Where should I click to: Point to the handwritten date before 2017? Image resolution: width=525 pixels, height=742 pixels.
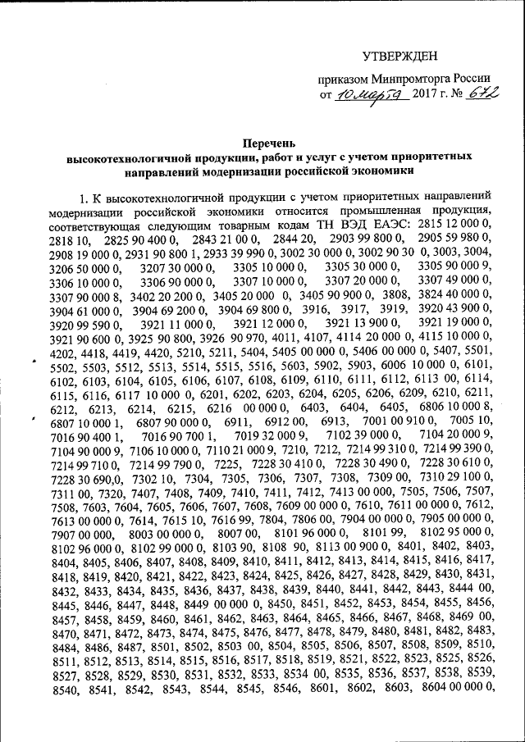367,95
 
